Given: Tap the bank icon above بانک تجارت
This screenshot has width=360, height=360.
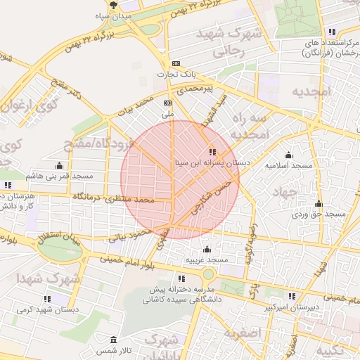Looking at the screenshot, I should click(176, 63).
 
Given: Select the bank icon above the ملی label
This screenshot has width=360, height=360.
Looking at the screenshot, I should click(167, 103).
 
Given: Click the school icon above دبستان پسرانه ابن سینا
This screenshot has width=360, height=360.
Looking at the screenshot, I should click(212, 152).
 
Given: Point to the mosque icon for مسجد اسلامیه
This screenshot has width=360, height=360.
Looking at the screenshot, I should click(288, 155).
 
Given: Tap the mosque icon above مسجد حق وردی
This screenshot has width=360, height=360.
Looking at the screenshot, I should click(319, 203).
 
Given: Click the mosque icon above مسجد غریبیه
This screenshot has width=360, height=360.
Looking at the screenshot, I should click(207, 249).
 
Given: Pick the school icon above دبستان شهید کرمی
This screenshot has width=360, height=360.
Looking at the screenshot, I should click(47, 299).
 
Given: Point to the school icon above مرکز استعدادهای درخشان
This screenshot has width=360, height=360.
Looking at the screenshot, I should click(332, 32).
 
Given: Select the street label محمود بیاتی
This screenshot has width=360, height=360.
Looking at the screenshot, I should click(129, 234).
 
